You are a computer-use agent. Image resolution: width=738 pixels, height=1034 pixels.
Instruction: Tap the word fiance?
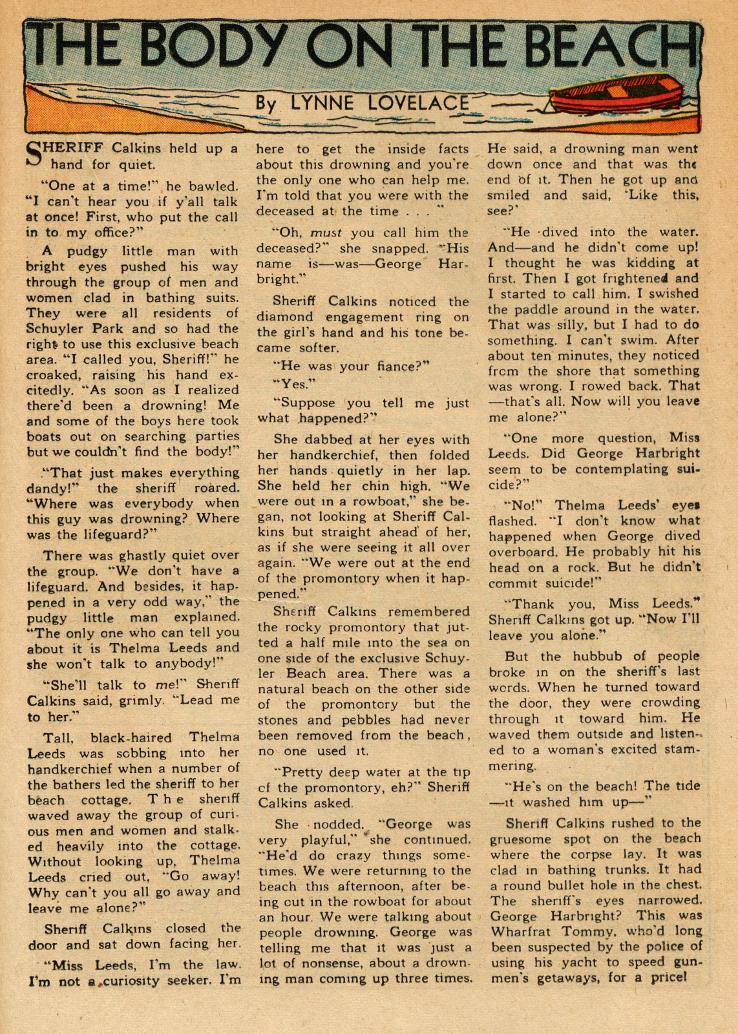tap(394, 366)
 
